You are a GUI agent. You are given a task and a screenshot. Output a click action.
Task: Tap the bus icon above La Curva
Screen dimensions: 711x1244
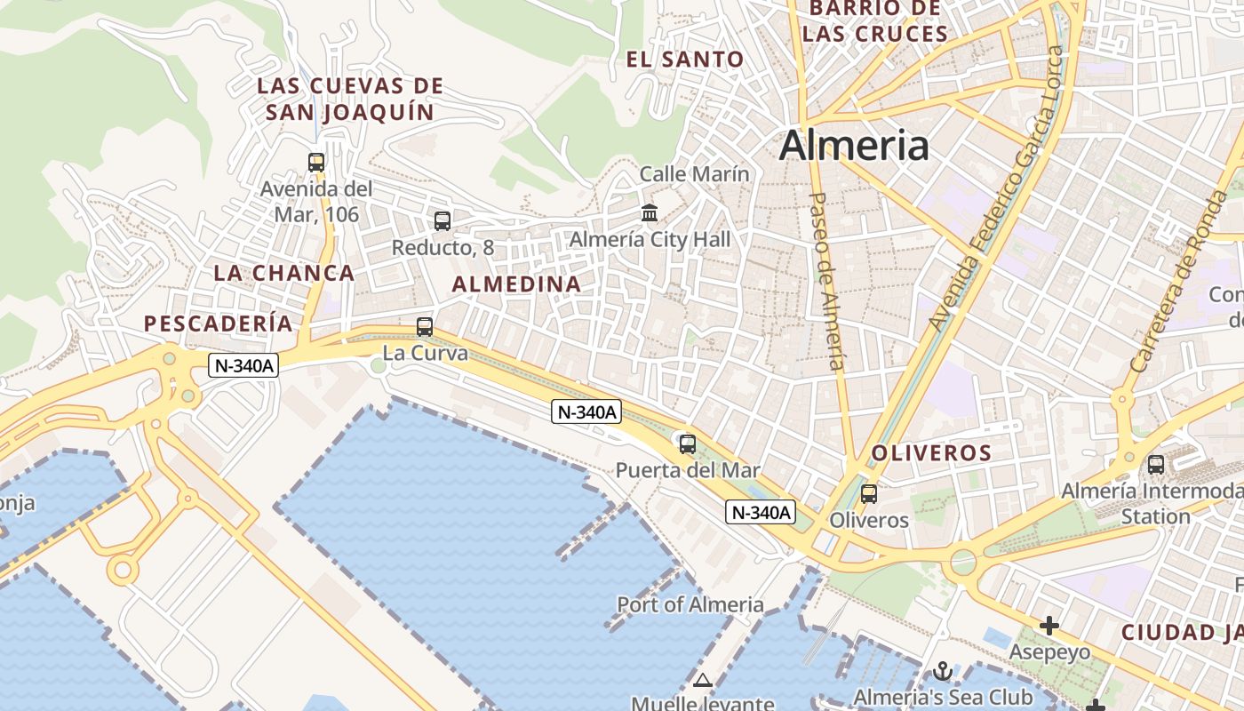pyautogui.click(x=425, y=326)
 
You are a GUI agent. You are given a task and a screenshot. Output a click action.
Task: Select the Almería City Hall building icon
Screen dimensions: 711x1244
pyautogui.click(x=650, y=213)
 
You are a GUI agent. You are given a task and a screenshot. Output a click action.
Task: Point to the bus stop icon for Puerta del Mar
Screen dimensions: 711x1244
pyautogui.click(x=687, y=443)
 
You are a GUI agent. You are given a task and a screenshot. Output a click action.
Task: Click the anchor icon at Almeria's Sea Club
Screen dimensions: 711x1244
pyautogui.click(x=943, y=671)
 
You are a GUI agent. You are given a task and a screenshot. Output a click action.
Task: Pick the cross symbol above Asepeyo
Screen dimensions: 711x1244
pyautogui.click(x=1049, y=626)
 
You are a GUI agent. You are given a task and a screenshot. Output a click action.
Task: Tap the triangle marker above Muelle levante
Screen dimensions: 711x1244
pyautogui.click(x=703, y=681)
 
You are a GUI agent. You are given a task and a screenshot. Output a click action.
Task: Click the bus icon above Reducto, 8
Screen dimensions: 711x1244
pyautogui.click(x=442, y=221)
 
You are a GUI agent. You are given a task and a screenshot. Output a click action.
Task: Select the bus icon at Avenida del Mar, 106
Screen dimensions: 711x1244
pyautogui.click(x=315, y=163)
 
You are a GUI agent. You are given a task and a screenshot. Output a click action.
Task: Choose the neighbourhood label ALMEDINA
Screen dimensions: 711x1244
pyautogui.click(x=516, y=284)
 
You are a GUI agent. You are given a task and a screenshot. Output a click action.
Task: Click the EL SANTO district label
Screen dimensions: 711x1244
pyautogui.click(x=685, y=60)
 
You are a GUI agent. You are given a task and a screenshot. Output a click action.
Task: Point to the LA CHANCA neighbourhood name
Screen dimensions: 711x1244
pyautogui.click(x=284, y=273)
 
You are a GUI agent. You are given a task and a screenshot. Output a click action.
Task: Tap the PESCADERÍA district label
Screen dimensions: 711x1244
pyautogui.click(x=219, y=324)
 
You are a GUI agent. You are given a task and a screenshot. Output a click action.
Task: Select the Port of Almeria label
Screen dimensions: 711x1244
pyautogui.click(x=690, y=605)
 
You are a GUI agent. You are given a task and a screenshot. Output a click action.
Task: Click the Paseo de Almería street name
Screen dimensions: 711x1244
pyautogui.click(x=827, y=280)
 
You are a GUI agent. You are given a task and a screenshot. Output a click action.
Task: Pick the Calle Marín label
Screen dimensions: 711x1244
pyautogui.click(x=695, y=174)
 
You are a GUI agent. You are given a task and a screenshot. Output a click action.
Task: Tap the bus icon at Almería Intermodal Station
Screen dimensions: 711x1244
pyautogui.click(x=1156, y=464)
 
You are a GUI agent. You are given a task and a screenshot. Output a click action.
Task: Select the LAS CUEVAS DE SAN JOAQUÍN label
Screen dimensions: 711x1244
pyautogui.click(x=350, y=100)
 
